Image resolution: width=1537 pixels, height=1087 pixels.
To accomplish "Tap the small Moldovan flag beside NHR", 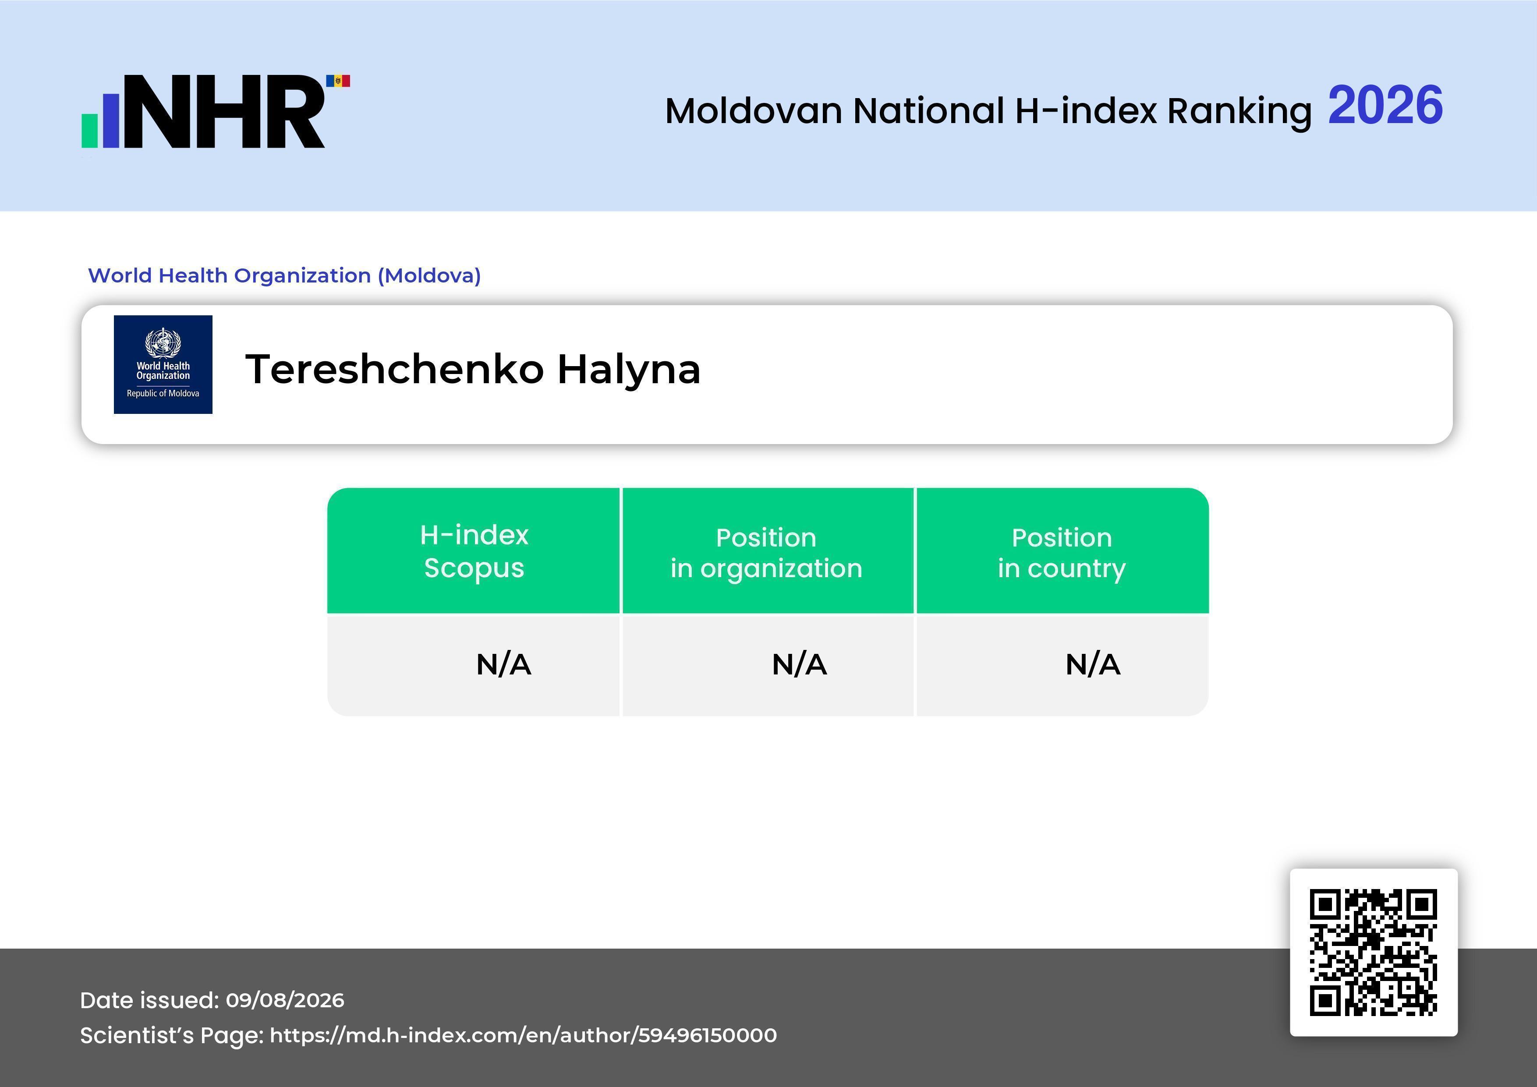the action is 338,81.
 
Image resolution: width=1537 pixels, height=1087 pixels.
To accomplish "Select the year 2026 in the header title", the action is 1385,105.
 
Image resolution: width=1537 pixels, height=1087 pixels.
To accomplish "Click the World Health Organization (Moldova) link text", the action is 284,275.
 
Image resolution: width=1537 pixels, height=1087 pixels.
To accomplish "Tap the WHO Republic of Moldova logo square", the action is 163,365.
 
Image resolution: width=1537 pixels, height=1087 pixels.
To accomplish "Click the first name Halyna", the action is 629,370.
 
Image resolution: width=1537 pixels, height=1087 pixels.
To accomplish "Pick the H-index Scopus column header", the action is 474,551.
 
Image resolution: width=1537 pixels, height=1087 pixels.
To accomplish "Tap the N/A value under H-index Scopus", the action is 503,665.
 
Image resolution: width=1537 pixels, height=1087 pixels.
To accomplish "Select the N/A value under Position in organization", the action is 799,665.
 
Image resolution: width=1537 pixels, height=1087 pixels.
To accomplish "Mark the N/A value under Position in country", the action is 1092,665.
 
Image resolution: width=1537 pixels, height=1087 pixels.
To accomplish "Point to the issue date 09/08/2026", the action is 285,1000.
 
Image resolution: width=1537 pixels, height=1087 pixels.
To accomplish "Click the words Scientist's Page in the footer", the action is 171,1035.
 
